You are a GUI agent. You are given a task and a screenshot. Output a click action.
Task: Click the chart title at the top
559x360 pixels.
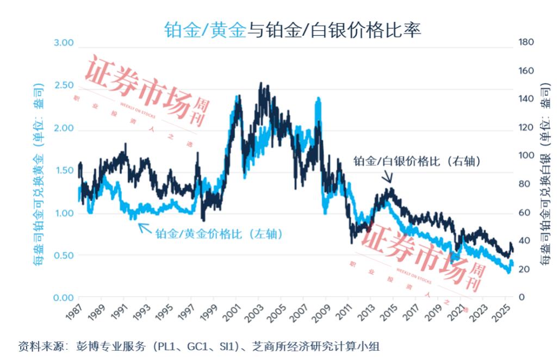pos(292,29)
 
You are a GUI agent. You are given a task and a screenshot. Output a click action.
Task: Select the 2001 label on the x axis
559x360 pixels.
pos(231,313)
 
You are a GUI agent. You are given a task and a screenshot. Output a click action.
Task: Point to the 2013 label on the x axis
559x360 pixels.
pos(366,313)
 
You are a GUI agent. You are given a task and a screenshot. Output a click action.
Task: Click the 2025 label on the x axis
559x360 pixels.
pos(501,313)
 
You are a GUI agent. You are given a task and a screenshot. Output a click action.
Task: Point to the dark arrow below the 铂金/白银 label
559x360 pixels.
pos(388,177)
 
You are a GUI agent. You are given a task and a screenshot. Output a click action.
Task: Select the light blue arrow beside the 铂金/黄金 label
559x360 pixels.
pos(145,227)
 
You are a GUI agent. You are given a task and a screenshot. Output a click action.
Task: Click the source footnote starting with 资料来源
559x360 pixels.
pos(198,346)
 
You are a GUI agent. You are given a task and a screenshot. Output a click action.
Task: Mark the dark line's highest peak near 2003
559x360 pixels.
pos(262,84)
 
